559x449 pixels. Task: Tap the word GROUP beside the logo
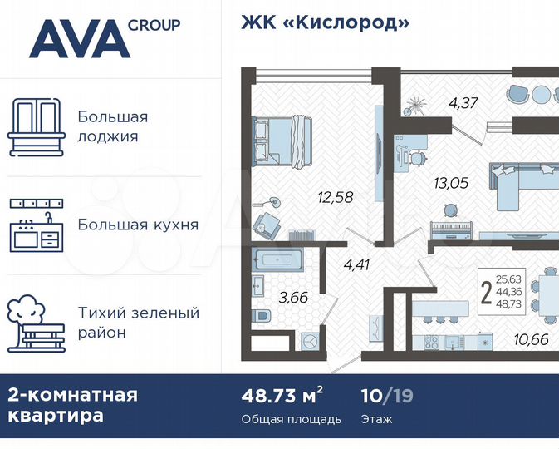pyautogui.click(x=154, y=25)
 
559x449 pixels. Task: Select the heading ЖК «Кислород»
pyautogui.click(x=326, y=23)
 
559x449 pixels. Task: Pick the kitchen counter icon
pyautogui.click(x=36, y=224)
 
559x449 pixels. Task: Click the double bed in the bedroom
pyautogui.click(x=282, y=142)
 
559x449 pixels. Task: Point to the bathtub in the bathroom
pyautogui.click(x=279, y=260)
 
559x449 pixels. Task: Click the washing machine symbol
pyautogui.click(x=309, y=341)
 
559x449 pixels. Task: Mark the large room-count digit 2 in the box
pyautogui.click(x=485, y=292)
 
